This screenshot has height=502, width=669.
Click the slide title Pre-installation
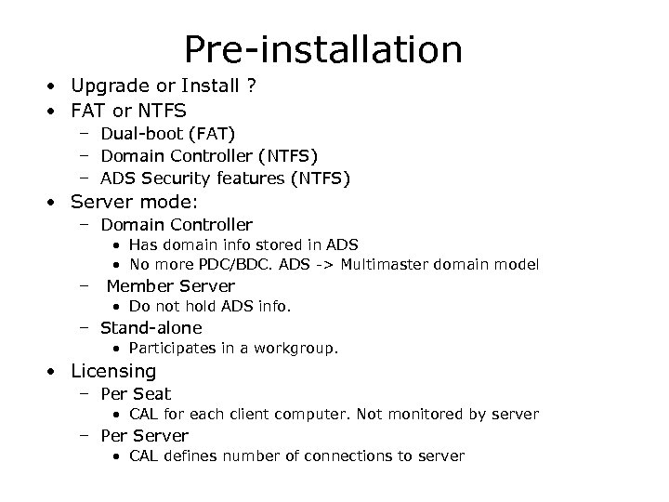point(322,49)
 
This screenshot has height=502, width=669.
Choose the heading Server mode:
point(135,202)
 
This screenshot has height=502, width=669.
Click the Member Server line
point(170,286)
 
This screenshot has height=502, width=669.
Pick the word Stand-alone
point(151,327)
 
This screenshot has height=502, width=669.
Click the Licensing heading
point(113,371)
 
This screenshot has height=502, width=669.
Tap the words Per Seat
point(136,393)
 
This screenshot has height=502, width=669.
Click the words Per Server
point(144,435)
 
